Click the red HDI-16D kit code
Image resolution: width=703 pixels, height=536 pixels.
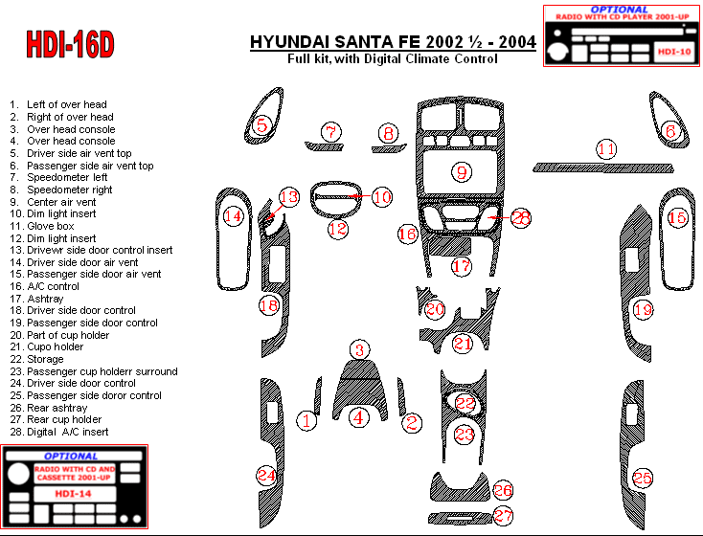tap(70, 44)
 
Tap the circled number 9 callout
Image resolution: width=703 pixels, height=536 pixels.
tap(462, 172)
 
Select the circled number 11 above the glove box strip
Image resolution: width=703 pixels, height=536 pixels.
tap(606, 149)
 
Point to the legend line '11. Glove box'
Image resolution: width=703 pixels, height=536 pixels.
tap(42, 226)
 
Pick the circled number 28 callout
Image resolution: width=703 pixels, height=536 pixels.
tap(520, 218)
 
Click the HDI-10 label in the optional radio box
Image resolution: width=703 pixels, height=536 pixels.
tap(674, 52)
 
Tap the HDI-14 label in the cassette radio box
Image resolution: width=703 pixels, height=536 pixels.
tap(73, 494)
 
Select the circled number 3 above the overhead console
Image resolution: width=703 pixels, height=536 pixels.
tap(359, 350)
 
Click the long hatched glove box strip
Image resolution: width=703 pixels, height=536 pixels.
tap(603, 167)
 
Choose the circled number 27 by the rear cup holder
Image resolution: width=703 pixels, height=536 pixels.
tap(503, 515)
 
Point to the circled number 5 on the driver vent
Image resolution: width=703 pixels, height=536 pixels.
tap(261, 125)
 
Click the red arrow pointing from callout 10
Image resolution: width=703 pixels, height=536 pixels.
tap(359, 196)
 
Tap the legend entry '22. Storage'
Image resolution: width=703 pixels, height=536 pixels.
tap(36, 359)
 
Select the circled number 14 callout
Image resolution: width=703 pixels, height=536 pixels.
tap(233, 216)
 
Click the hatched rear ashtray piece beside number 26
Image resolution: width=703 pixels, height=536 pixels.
tap(461, 486)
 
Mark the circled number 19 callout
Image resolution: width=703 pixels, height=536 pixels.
tap(643, 309)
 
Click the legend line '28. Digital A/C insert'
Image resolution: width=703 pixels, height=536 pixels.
tap(59, 432)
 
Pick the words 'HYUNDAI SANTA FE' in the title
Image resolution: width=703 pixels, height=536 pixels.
tap(335, 42)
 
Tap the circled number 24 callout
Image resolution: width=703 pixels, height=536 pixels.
tap(266, 475)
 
